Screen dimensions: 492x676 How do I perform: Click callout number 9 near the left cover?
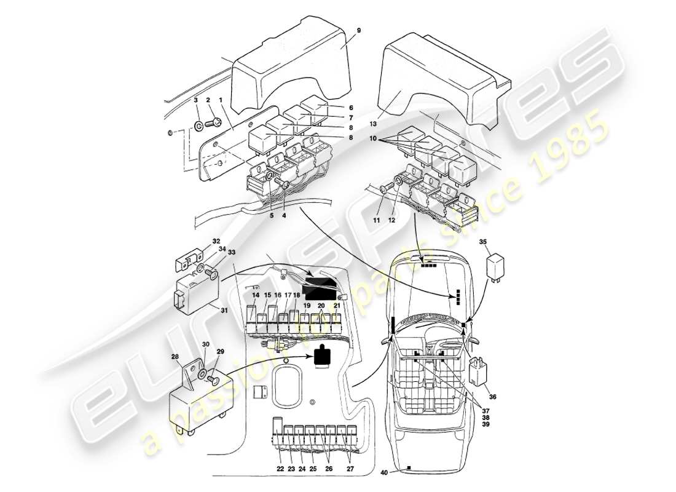coord(358,30)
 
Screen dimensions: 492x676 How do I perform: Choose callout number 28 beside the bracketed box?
coord(175,357)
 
